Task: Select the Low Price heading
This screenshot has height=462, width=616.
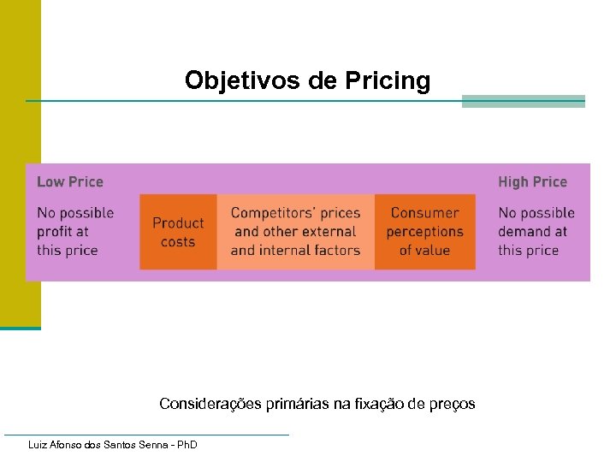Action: (x=70, y=181)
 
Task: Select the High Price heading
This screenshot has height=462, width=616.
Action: (x=532, y=181)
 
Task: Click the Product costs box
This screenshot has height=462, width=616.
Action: (x=178, y=232)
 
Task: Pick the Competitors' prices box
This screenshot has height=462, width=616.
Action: (x=295, y=232)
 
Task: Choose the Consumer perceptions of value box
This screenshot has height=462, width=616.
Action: (x=424, y=232)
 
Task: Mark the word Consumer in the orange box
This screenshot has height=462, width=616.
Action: (x=424, y=213)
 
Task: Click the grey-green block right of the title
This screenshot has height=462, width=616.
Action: (x=523, y=101)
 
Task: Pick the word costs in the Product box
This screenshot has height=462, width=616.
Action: (x=178, y=241)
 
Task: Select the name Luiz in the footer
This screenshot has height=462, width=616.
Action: (x=38, y=445)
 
